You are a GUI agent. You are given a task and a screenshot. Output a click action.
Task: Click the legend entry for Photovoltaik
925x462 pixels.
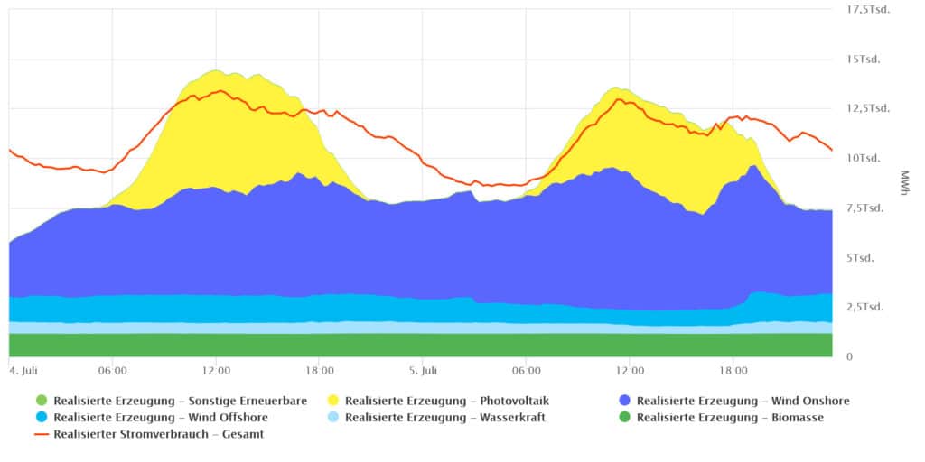pyautogui.click(x=446, y=401)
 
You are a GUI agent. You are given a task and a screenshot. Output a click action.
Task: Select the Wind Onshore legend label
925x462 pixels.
pyautogui.click(x=743, y=401)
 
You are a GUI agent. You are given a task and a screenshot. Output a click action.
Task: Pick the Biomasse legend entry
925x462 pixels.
pyautogui.click(x=730, y=418)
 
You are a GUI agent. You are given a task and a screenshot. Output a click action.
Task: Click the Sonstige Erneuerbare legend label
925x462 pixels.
pyautogui.click(x=180, y=401)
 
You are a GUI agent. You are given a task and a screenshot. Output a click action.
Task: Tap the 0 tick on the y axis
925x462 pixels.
pyautogui.click(x=848, y=357)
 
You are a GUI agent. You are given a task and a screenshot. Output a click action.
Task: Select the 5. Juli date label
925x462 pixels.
pyautogui.click(x=422, y=370)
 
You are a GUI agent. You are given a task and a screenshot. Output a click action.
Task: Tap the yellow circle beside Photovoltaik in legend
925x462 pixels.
pyautogui.click(x=332, y=401)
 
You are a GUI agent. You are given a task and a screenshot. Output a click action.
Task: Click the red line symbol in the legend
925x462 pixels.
pyautogui.click(x=41, y=435)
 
